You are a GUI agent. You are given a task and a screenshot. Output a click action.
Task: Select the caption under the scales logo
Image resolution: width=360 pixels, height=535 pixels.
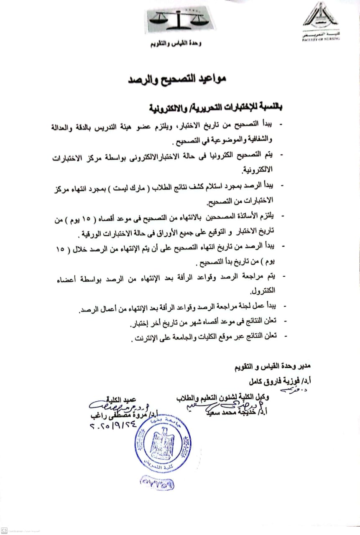pyautogui.click(x=181, y=44)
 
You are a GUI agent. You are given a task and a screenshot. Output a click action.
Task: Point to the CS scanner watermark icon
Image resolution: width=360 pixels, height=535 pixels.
pyautogui.click(x=3, y=530)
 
